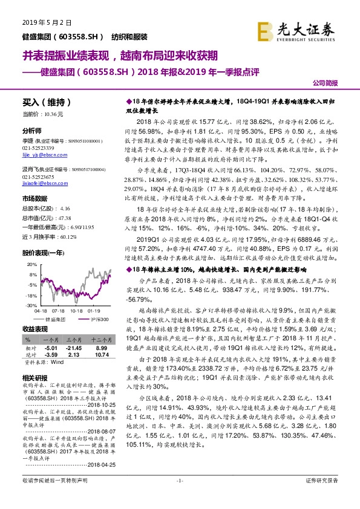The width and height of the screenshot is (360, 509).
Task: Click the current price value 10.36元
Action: tap(54, 114)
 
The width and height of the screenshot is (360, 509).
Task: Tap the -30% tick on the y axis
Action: tap(32, 306)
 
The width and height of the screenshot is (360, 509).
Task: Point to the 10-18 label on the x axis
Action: tap(76, 311)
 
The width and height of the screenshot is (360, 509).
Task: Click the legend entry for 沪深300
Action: tap(100, 319)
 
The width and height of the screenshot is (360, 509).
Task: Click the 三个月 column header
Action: tap(73, 340)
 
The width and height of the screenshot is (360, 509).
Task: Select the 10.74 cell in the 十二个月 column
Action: tap(101, 355)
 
